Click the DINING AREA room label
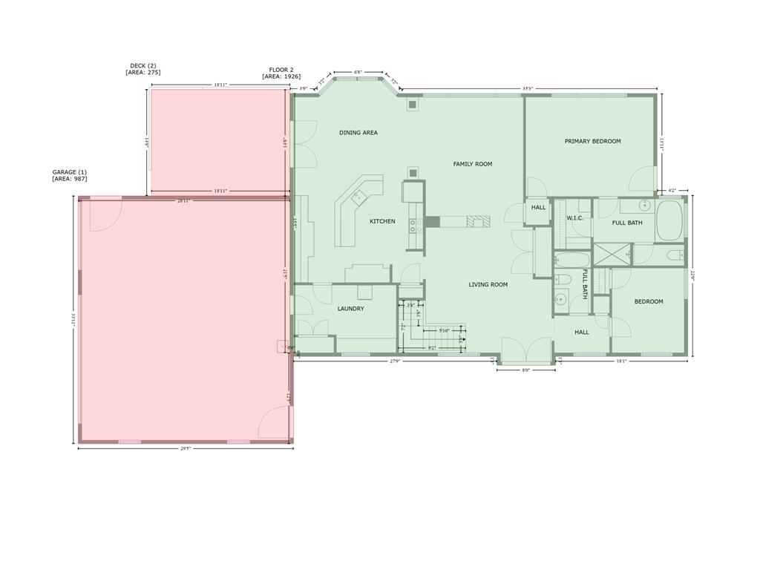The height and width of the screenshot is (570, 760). pos(358,133)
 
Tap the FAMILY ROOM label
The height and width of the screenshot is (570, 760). pos(473,164)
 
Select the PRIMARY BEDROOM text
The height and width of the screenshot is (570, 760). pos(592,141)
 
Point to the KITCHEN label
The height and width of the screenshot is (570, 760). pos(382,221)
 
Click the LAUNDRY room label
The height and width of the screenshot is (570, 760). pos(350,309)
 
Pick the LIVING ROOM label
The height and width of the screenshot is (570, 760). pos(488,284)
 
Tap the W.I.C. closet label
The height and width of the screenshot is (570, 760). pos(576,218)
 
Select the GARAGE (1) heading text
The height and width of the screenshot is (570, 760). pos(69,172)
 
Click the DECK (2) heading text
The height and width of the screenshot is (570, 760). pos(143,66)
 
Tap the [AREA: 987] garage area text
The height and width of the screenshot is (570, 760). pos(69,179)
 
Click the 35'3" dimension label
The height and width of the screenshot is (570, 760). pos(528,88)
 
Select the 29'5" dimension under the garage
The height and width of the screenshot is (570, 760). pos(185,448)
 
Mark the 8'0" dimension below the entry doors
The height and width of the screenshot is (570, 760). pos(525,370)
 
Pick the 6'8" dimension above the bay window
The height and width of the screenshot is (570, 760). pos(358,72)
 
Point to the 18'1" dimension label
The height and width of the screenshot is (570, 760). pos(621,361)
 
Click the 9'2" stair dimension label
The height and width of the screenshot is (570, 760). pos(431,347)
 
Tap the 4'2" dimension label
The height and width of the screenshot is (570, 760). pos(672,191)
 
